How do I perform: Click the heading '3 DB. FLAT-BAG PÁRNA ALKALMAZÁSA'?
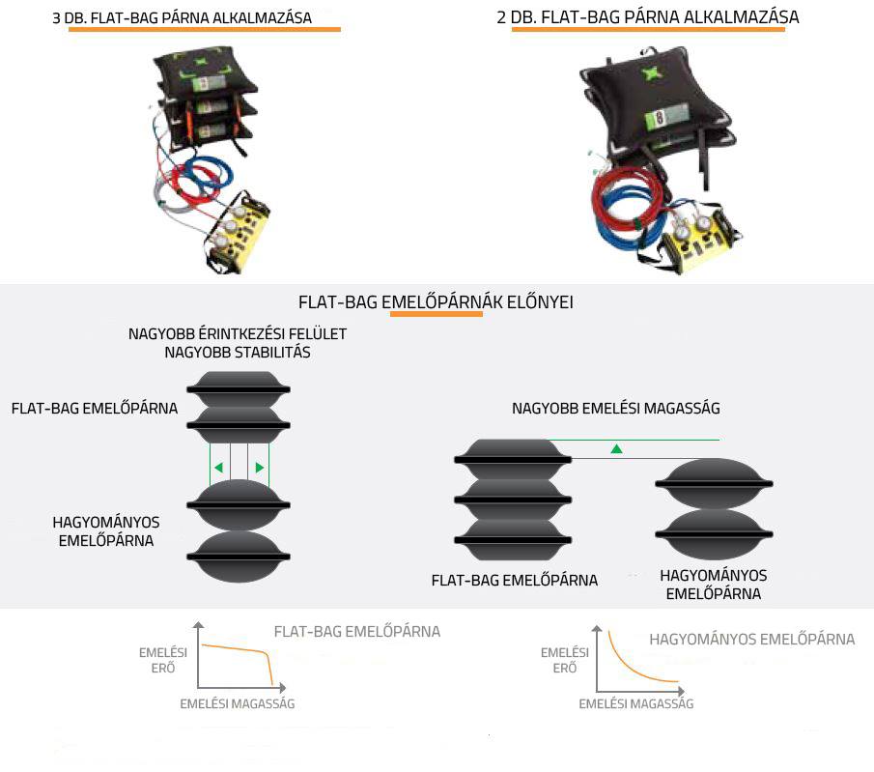(182, 17)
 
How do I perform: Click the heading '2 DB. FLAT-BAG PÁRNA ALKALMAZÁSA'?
(648, 16)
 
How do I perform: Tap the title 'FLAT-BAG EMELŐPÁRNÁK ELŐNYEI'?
(436, 302)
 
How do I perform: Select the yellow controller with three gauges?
(238, 233)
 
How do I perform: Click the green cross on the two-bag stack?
(650, 74)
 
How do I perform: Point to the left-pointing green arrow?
(218, 468)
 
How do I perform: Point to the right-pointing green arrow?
(260, 468)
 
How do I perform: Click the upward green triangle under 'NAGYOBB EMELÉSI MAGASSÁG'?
(616, 448)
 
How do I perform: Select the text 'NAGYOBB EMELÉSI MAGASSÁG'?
(616, 409)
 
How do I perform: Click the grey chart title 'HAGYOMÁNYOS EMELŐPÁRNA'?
(752, 640)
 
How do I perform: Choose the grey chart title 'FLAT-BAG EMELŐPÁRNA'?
(357, 632)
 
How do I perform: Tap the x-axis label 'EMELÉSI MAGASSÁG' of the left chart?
(238, 704)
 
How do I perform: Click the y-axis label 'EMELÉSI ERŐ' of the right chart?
(565, 660)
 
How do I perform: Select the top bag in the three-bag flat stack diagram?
(513, 460)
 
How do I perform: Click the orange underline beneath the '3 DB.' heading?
(204, 30)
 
